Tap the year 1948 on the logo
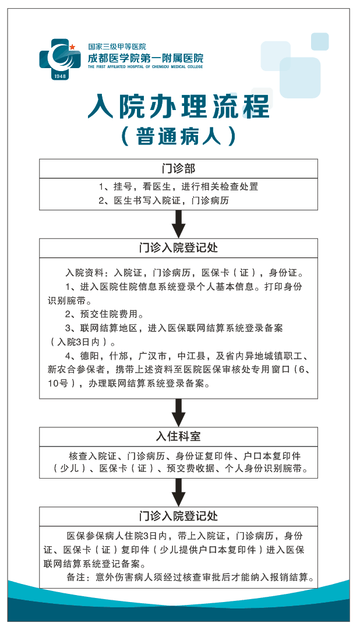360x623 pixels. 59,76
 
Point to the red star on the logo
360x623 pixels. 72,47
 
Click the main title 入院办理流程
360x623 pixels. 178,106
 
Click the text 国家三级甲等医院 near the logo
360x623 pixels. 117,47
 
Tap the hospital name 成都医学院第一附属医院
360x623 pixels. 146,58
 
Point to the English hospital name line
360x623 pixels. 146,67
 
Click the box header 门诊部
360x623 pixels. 178,168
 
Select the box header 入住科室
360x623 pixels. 178,436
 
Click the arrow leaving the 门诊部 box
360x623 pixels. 178,224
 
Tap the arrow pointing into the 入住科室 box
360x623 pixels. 178,412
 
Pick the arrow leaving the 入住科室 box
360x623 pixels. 178,492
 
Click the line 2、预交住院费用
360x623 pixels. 104,314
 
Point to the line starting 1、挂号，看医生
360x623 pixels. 178,186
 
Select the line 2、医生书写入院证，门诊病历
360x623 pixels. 164,201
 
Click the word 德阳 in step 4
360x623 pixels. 89,356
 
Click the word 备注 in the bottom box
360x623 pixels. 76,578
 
